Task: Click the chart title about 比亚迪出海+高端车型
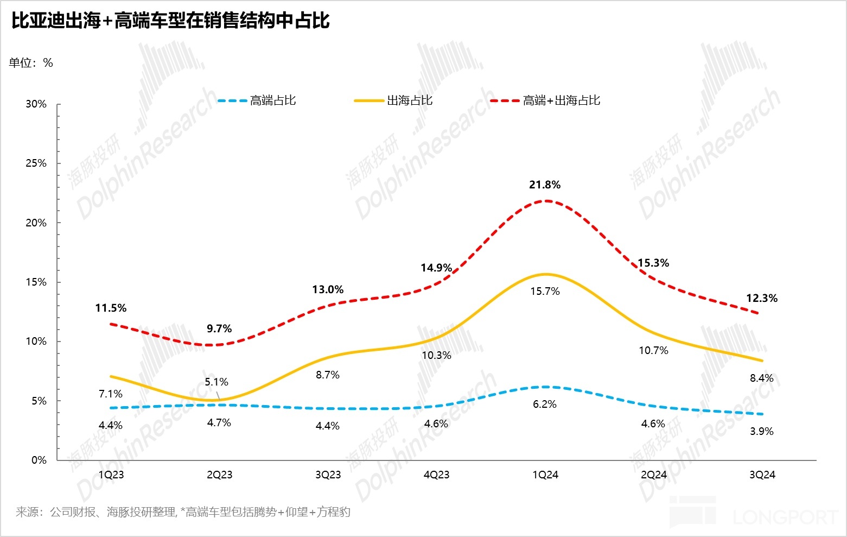coord(170,21)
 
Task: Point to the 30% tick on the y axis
coord(36,104)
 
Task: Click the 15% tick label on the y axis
coord(36,282)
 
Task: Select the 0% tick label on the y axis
coord(39,460)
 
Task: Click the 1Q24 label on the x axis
coord(545,475)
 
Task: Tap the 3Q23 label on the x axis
coord(328,475)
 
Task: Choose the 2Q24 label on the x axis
coord(653,475)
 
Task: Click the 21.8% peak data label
coord(545,185)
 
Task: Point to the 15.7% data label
coord(545,292)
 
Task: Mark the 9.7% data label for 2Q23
coord(219,329)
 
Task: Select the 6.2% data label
coord(545,405)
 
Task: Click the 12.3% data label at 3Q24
coord(762,299)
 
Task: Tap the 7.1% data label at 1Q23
coord(111,394)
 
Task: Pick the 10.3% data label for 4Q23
coord(436,356)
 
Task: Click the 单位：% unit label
coord(31,63)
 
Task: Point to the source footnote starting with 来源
coord(183,512)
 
